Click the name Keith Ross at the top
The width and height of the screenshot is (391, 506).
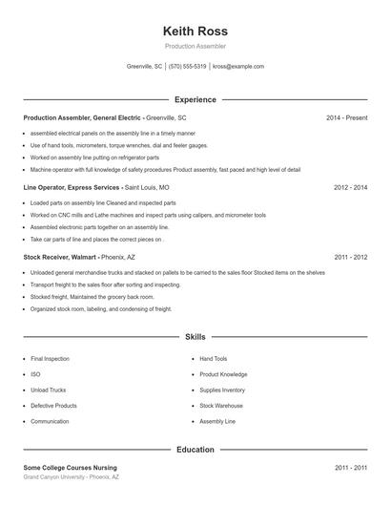pos(195,32)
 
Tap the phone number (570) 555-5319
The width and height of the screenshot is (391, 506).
pos(187,67)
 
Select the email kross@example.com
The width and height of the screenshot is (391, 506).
pos(237,67)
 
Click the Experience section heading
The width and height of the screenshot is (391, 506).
pos(195,99)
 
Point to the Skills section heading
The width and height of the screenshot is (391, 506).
pos(195,337)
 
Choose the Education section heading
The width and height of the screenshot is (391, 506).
pos(195,449)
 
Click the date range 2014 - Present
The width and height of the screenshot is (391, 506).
pos(346,117)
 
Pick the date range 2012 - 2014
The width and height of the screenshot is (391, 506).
pos(350,188)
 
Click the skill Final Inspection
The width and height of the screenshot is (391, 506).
pos(50,359)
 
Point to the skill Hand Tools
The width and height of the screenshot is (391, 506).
pos(213,359)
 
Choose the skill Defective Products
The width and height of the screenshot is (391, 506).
pos(53,406)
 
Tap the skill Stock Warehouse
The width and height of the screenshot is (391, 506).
pos(220,406)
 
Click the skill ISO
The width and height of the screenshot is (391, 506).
pos(35,374)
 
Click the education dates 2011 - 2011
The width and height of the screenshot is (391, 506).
pos(350,468)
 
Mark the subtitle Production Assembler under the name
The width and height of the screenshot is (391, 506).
pos(195,47)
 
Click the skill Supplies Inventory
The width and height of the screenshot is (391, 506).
pos(221,390)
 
